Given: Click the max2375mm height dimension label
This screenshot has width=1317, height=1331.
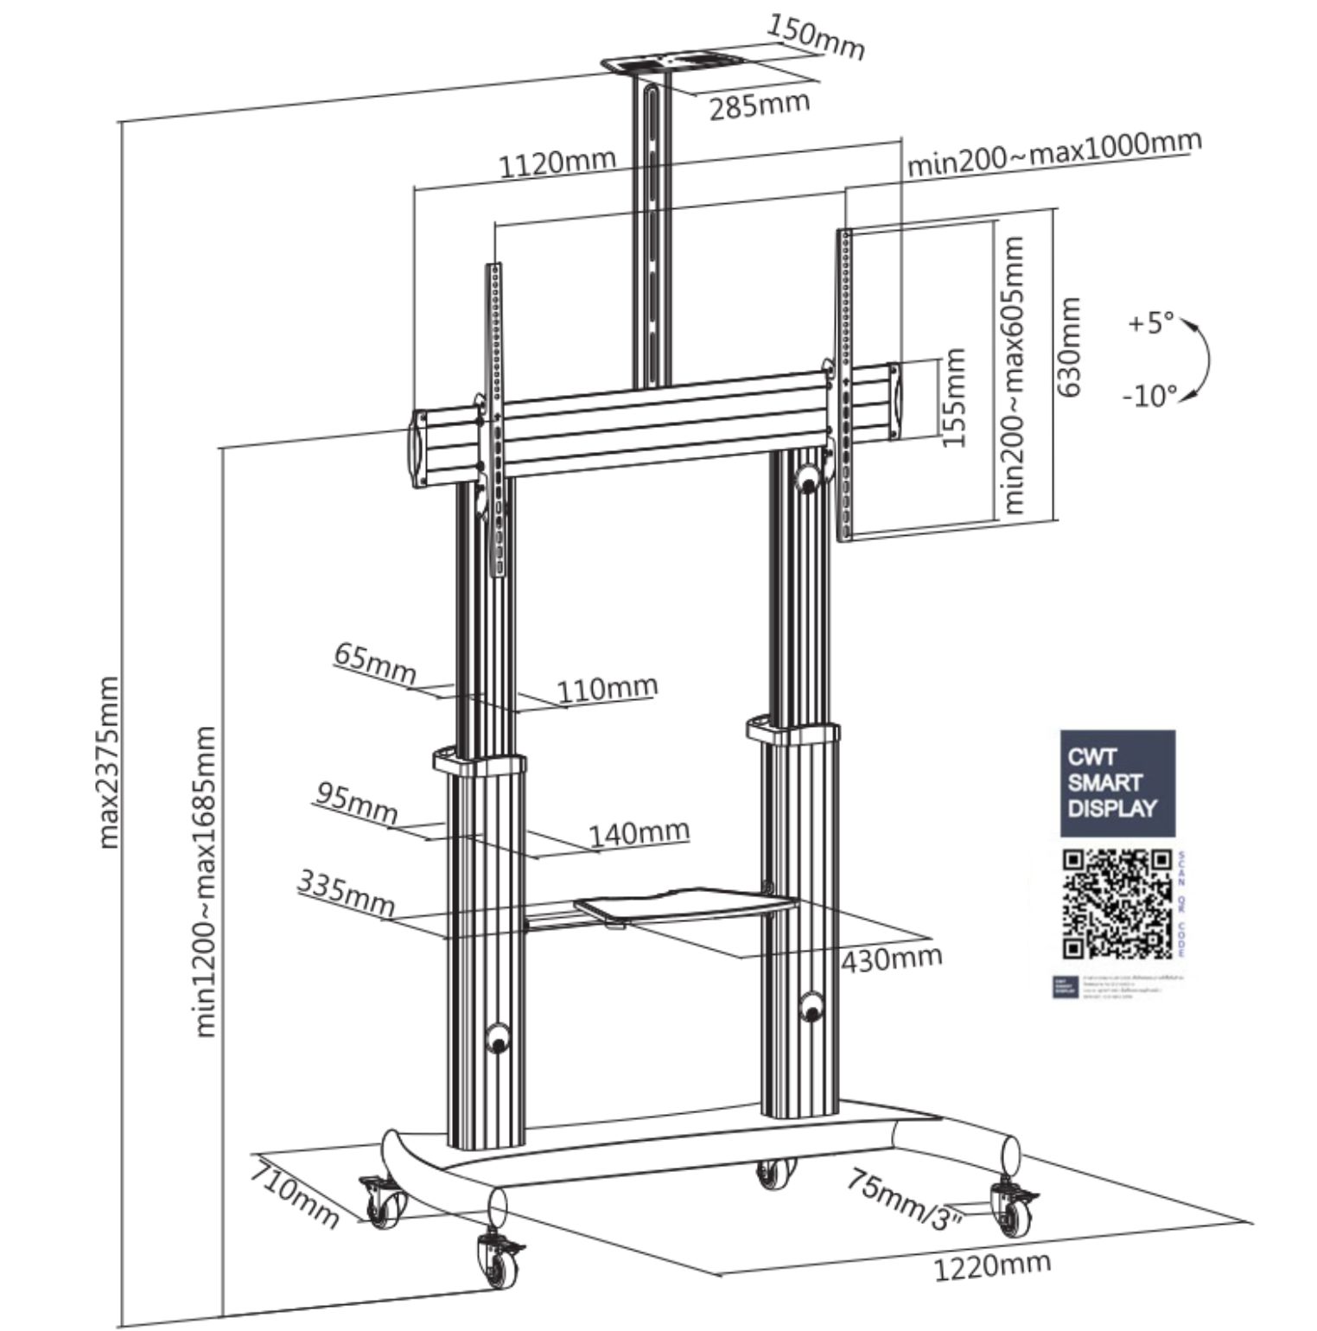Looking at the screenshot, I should pos(109,762).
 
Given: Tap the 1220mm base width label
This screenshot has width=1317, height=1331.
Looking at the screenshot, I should pos(993,1266).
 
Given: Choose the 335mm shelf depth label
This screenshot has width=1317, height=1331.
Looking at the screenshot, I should pos(347,894).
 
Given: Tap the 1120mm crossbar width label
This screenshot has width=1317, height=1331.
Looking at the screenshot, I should pos(558,162).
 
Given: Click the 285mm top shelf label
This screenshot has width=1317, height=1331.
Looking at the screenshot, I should pos(760,105).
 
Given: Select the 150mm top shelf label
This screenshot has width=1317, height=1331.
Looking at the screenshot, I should pos(816,38).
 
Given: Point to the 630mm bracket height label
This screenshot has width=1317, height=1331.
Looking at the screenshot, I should pos(1071,347).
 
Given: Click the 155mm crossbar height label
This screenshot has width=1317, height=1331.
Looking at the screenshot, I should pos(952,398).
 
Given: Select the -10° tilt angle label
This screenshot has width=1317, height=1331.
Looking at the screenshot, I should pos(1150,396).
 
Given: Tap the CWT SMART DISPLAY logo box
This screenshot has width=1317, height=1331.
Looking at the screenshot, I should pos(1117,783).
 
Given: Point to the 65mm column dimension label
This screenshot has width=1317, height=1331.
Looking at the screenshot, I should pos(375,664).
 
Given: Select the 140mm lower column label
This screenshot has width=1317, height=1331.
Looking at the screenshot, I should pos(639,833).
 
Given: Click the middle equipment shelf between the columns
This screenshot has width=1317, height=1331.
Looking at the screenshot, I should pos(683,908).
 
